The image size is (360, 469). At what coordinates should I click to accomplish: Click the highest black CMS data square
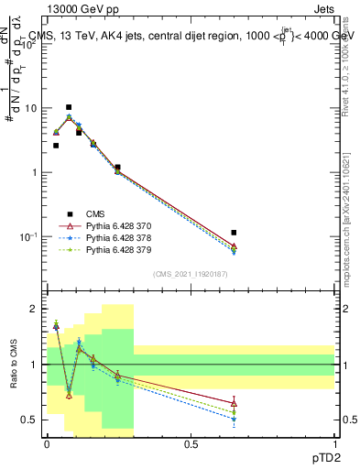(68, 107)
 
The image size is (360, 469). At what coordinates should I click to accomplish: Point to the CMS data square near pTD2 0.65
(234, 233)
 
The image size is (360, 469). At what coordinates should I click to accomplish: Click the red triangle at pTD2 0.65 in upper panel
(234, 246)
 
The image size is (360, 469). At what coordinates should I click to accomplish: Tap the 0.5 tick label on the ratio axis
(29, 420)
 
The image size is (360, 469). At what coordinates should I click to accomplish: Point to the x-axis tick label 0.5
(191, 444)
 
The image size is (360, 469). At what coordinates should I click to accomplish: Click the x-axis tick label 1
(335, 444)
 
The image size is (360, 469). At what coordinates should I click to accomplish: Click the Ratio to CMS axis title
(12, 365)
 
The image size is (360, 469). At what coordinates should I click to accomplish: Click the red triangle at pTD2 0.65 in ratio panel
(234, 403)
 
